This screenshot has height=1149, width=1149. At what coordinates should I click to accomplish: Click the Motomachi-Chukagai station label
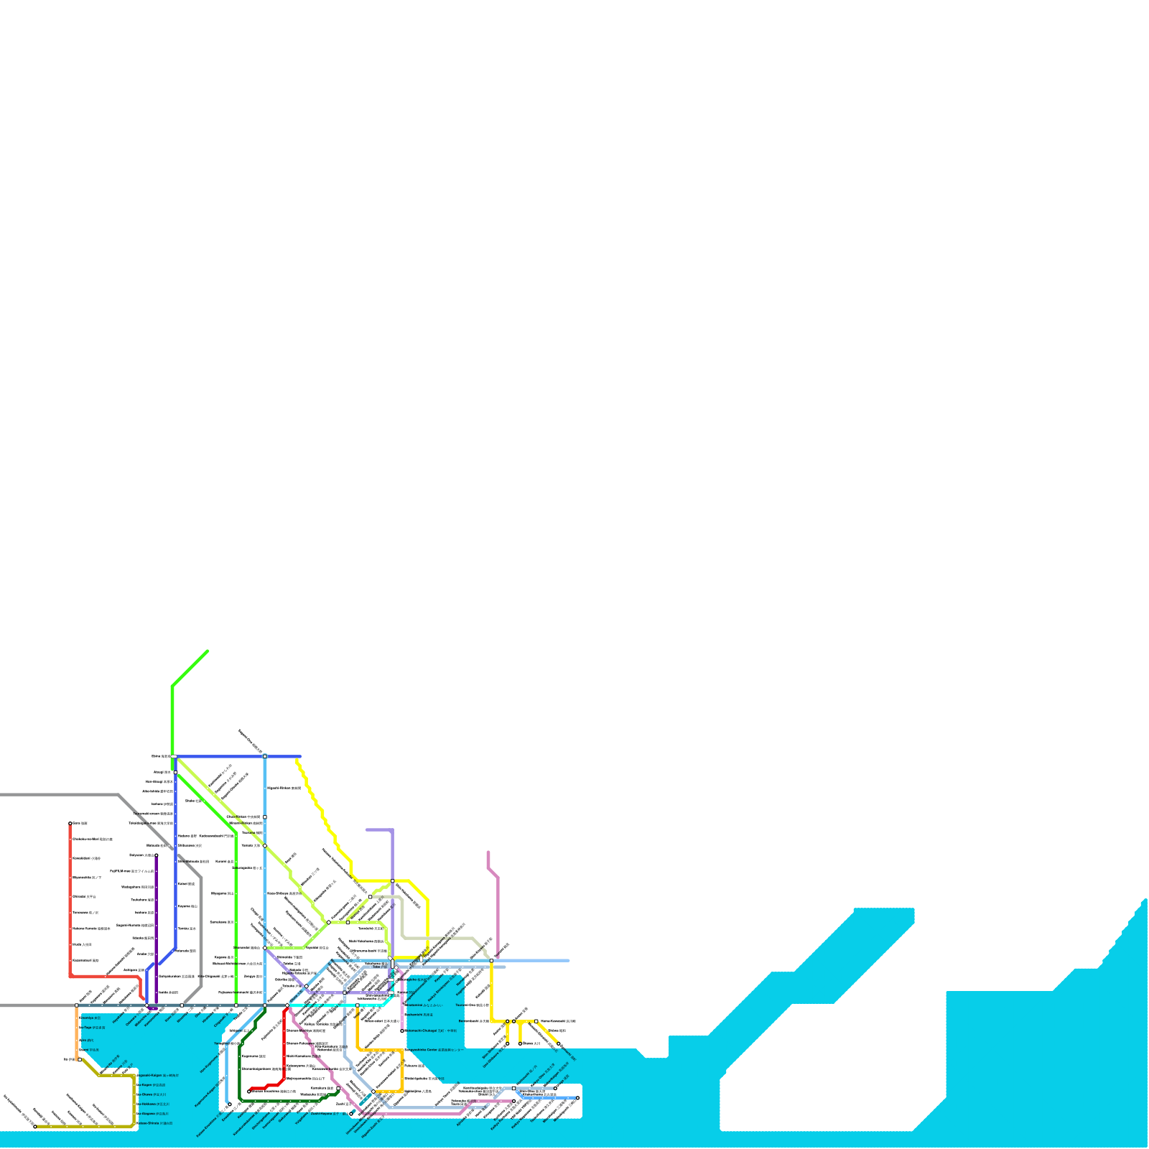[x=432, y=1031]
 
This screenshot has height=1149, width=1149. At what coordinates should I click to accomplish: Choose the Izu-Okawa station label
[x=152, y=1094]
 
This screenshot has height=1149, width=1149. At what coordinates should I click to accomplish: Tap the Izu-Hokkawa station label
[x=154, y=1104]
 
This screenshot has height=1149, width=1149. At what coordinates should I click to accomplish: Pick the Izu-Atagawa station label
[x=154, y=1114]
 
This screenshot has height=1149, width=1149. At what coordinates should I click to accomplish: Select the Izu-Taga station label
[x=93, y=1028]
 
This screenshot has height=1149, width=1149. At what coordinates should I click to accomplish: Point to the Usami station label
[x=90, y=1050]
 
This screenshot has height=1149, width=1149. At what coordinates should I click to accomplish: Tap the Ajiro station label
[x=87, y=1040]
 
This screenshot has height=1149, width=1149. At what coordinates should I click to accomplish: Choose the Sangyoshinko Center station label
[x=435, y=1050]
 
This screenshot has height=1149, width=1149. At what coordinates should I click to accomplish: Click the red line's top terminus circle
[x=70, y=824]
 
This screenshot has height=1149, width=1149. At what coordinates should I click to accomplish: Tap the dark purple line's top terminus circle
[x=157, y=855]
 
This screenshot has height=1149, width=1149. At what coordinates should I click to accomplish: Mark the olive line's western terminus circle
[x=34, y=1127]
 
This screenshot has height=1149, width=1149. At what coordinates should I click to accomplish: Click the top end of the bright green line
[x=208, y=651]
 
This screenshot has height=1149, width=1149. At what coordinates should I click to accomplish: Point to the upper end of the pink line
[x=488, y=852]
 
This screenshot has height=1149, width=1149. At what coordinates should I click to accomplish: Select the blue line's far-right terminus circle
[x=577, y=1098]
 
